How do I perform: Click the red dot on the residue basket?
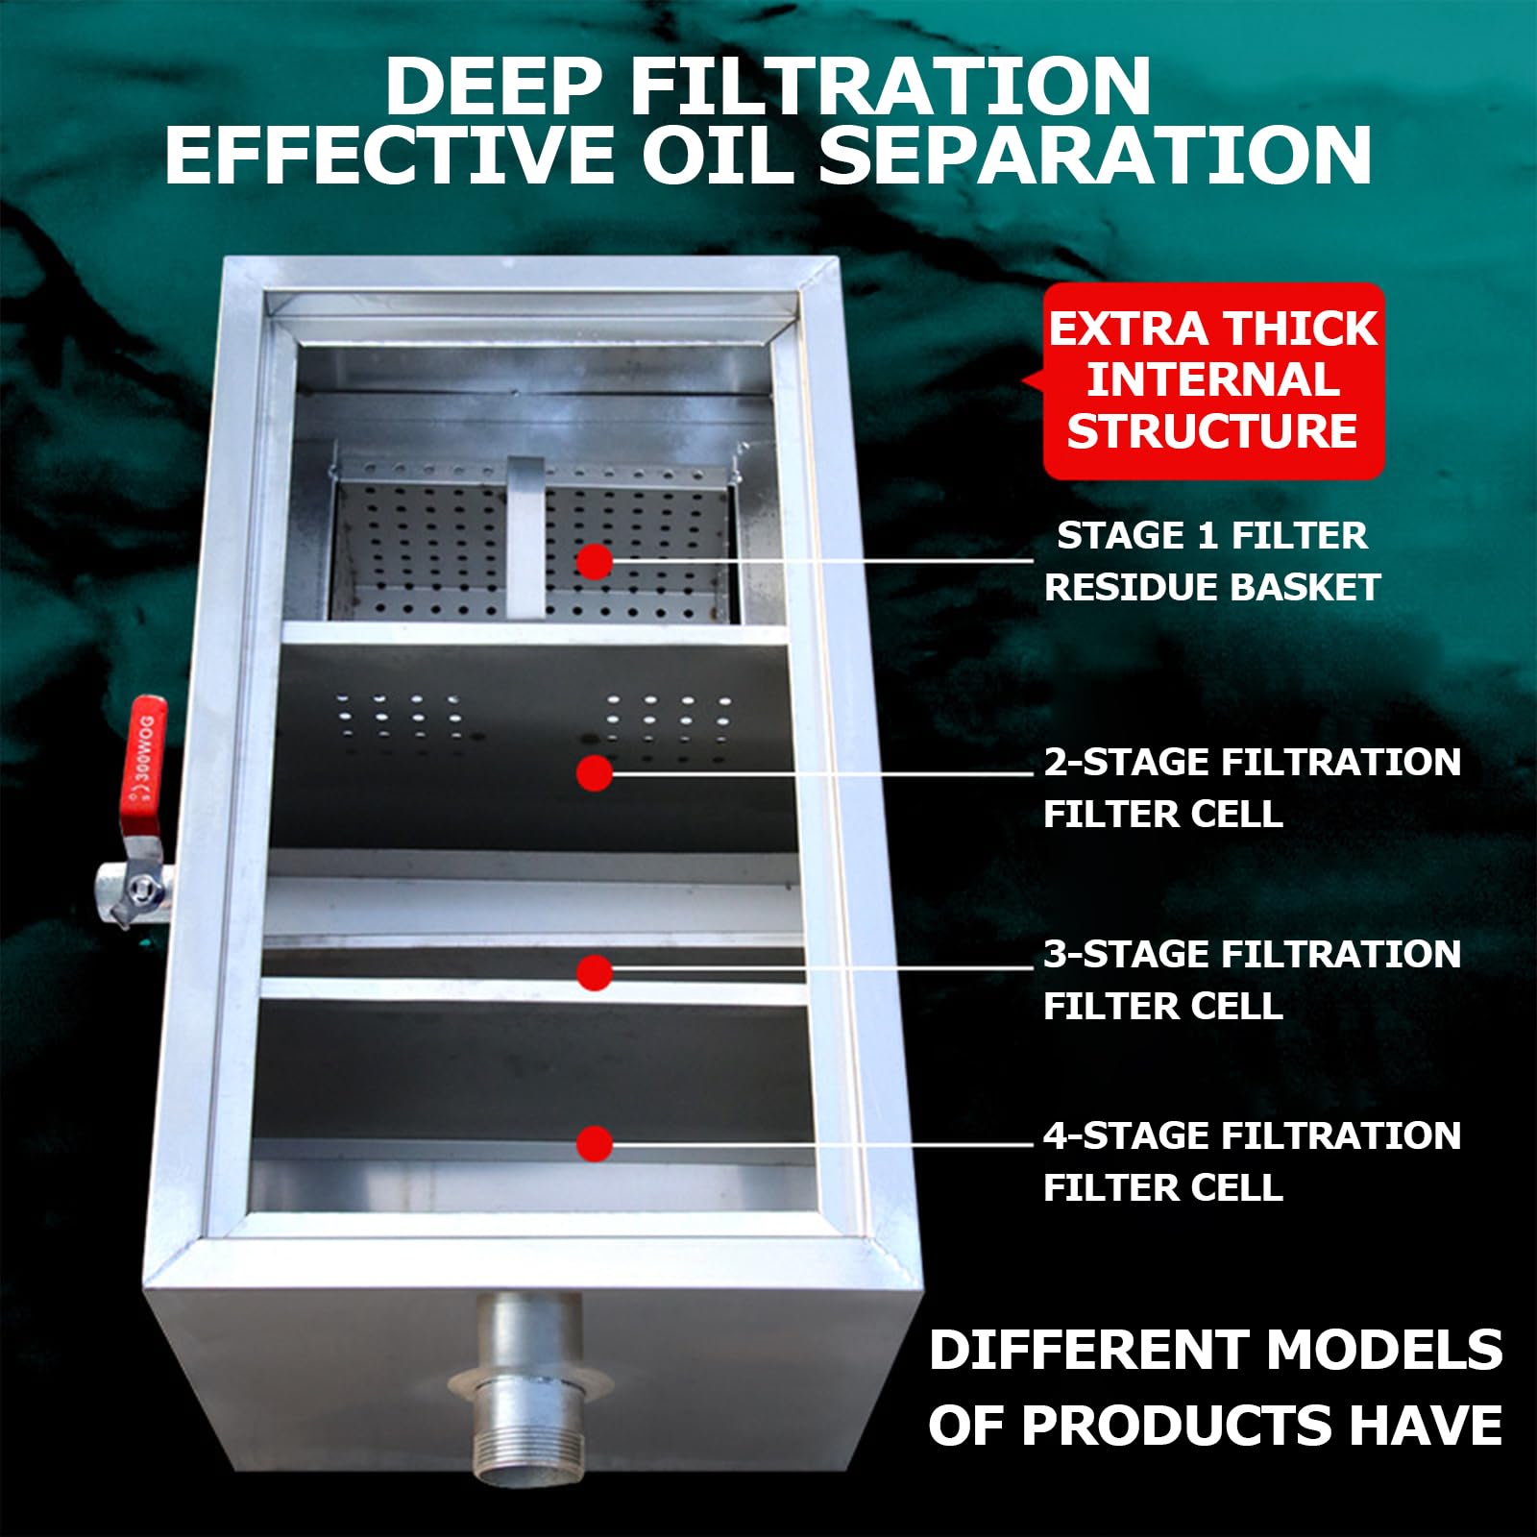(595, 561)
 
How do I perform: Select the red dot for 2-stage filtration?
(595, 773)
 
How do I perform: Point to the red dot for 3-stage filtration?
(595, 972)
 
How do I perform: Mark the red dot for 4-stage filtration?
(595, 1143)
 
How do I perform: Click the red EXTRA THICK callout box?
(1212, 380)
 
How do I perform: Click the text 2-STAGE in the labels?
(1127, 763)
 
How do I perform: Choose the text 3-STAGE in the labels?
(1127, 955)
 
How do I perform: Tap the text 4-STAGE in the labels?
(1127, 1136)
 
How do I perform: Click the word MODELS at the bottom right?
(1384, 1350)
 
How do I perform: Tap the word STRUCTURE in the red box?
(1212, 431)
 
